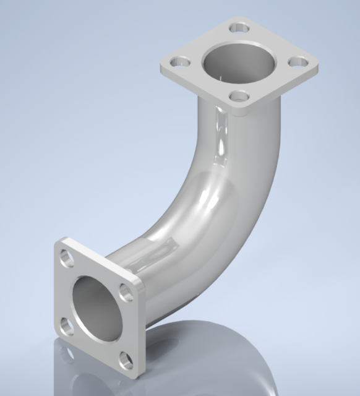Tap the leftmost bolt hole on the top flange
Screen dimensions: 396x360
(181, 62)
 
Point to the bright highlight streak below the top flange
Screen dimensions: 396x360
(218, 136)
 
